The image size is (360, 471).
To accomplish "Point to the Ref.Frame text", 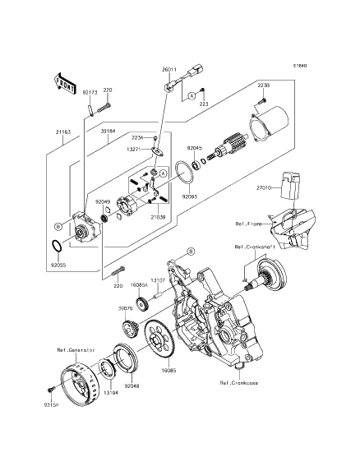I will click(x=250, y=223).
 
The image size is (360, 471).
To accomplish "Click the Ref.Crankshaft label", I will click(x=255, y=247).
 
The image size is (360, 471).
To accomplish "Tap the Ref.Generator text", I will click(x=76, y=372).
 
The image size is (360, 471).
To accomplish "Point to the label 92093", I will click(x=190, y=197).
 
